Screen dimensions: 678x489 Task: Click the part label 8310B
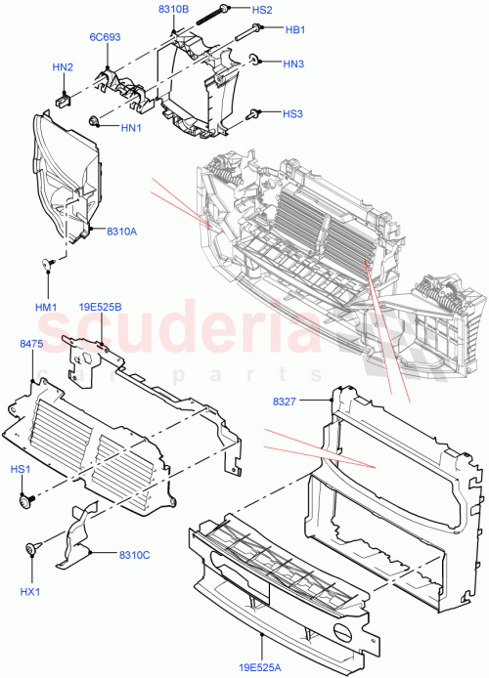point(173,10)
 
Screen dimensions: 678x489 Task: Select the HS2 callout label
point(262,10)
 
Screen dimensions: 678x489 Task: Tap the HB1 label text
point(293,29)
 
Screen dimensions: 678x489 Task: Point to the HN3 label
point(292,64)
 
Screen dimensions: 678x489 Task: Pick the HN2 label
point(63,67)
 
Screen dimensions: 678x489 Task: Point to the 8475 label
point(30,344)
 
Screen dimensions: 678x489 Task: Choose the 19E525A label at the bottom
point(265,667)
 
